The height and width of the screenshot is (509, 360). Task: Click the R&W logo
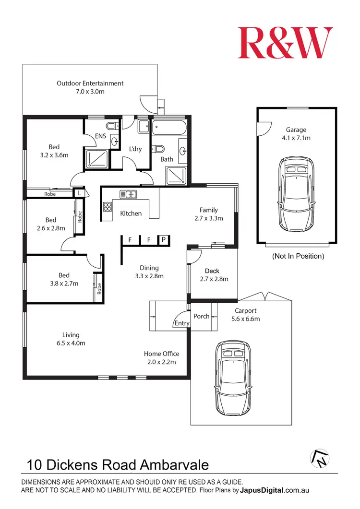pos(285,43)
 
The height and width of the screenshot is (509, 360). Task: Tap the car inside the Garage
pos(296,194)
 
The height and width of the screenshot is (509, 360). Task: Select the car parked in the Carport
pos(233,378)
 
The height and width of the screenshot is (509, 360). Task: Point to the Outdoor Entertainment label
pos(90,83)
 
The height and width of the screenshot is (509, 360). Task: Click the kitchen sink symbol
pos(128,194)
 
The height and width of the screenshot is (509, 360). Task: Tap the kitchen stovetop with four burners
pos(107,208)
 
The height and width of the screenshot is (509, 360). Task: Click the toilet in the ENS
pos(111,127)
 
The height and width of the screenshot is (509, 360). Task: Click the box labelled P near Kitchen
pos(164,239)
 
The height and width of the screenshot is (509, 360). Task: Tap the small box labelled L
pos(79,193)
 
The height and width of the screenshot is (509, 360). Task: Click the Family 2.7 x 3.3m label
pos(209,214)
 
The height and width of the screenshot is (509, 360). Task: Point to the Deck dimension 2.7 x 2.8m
pos(214,279)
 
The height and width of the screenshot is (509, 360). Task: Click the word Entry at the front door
pos(181,323)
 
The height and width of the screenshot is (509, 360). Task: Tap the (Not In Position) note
pos(298,256)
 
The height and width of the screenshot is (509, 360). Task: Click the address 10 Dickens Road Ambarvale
pos(118,464)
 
